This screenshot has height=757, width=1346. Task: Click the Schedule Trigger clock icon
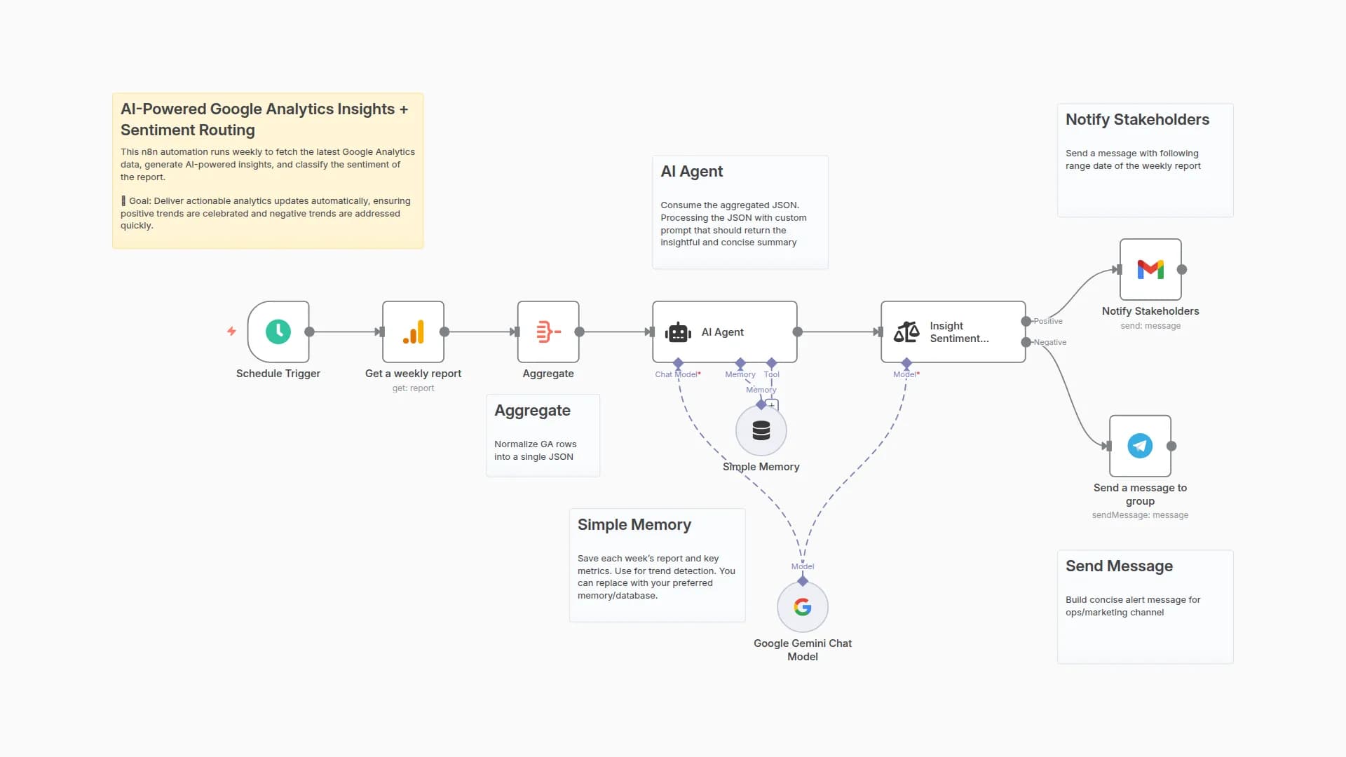(x=278, y=332)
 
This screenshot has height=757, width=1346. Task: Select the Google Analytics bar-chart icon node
(x=413, y=332)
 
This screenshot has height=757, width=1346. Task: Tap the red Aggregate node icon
(x=548, y=332)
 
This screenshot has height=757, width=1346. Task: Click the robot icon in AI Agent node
(x=678, y=332)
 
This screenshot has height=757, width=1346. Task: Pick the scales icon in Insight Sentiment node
(x=906, y=332)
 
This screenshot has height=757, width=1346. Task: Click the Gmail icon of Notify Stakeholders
(x=1150, y=269)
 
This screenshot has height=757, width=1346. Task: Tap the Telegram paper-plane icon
(x=1140, y=446)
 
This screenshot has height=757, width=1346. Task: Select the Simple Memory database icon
(x=761, y=430)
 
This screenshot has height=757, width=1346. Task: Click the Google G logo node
(x=803, y=607)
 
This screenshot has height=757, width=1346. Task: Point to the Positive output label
(x=1048, y=321)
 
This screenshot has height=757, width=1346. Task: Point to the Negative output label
(x=1050, y=342)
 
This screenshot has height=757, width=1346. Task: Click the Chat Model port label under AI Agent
(x=677, y=374)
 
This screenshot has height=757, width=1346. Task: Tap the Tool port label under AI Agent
(x=771, y=374)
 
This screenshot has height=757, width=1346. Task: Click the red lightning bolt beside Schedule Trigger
(x=231, y=331)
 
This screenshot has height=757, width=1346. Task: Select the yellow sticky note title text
(x=264, y=119)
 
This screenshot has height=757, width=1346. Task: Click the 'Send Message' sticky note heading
(x=1119, y=566)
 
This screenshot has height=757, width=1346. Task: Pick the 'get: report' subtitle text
(x=413, y=388)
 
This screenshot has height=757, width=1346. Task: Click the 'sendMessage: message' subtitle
(x=1140, y=515)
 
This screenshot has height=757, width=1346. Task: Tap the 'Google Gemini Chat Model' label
(x=803, y=650)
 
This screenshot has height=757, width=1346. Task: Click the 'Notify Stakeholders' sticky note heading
(x=1137, y=119)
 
